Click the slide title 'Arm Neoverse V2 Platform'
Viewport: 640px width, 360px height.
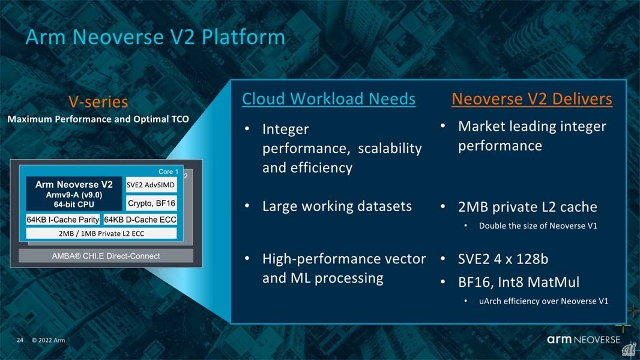[155, 37]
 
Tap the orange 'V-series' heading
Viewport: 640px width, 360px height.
[98, 102]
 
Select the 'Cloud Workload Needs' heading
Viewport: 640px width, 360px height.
[329, 99]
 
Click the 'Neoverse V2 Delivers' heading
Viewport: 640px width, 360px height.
[532, 99]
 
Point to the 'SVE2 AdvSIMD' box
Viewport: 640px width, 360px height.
[151, 185]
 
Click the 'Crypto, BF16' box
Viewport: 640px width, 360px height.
[151, 203]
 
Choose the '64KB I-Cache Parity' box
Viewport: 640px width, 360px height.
[63, 220]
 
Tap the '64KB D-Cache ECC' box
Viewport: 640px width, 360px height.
[140, 220]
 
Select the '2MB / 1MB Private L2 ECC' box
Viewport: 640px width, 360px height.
[101, 233]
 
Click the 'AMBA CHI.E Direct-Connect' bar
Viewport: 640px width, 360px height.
[106, 256]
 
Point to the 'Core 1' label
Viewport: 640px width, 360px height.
[168, 172]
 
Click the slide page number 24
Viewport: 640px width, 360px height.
[20, 340]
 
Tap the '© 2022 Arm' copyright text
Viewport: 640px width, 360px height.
[48, 340]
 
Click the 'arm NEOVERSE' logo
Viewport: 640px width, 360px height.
[584, 339]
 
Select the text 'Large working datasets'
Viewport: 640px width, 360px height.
[337, 206]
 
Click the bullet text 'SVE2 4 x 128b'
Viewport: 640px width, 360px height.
[503, 259]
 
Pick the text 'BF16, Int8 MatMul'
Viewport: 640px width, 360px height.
[518, 282]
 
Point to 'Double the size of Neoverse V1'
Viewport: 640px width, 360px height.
[538, 226]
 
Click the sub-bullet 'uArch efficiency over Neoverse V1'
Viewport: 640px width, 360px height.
[543, 301]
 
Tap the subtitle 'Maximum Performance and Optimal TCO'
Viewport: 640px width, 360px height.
[98, 119]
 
